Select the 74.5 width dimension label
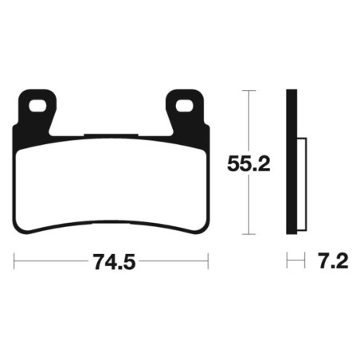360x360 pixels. [112, 260]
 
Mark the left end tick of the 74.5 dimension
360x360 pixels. [15, 260]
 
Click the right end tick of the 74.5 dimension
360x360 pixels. [208, 260]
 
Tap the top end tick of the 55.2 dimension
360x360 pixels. [252, 92]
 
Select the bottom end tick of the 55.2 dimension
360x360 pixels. [252, 234]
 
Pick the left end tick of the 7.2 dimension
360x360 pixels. [288, 260]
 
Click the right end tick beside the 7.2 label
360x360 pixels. [305, 260]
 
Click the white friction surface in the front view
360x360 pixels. [112, 187]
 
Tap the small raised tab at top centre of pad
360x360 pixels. [110, 135]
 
